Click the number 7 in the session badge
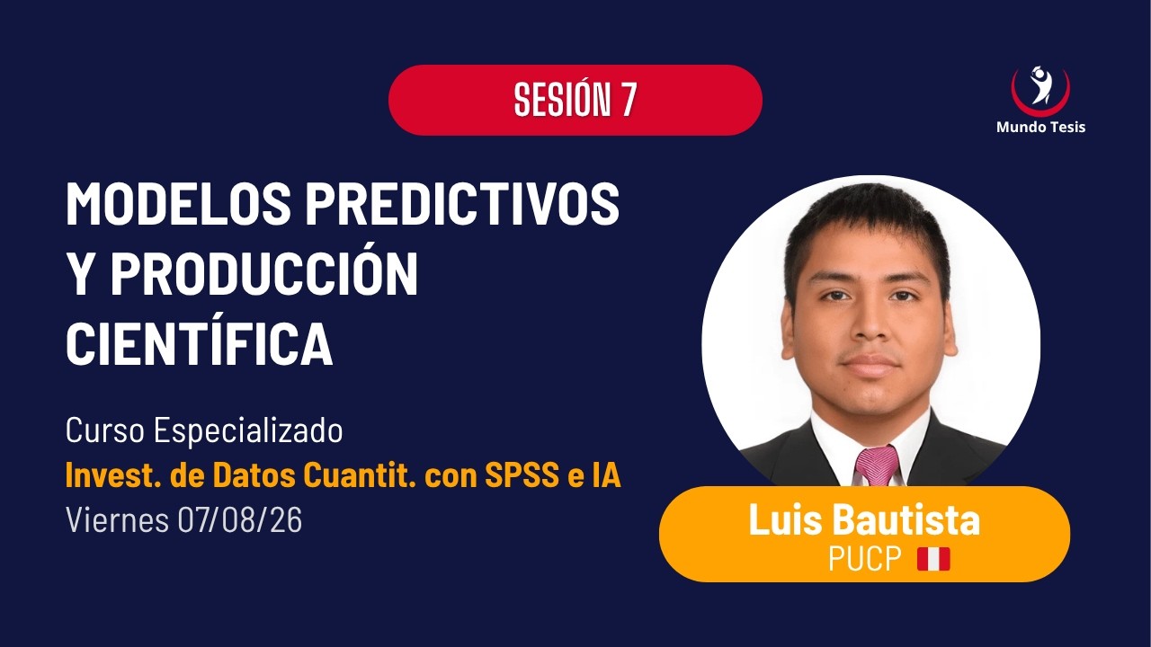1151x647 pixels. pos(628,99)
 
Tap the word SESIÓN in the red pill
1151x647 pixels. pos(563,99)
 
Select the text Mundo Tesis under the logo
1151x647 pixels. pos(1040,127)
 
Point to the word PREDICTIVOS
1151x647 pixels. pos(462,203)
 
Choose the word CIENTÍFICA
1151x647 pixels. pos(200,342)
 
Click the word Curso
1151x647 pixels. pos(105,430)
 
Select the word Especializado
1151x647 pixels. pos(248,431)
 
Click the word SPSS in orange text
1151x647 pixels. pos(522,475)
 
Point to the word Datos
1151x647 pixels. pos(254,475)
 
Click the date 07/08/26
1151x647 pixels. pos(240,519)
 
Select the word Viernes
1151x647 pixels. pos(117,519)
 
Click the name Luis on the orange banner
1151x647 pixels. pos(786,519)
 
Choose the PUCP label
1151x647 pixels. pos(865,558)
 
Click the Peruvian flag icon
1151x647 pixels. pos(933,559)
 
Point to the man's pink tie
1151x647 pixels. pos(876,465)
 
